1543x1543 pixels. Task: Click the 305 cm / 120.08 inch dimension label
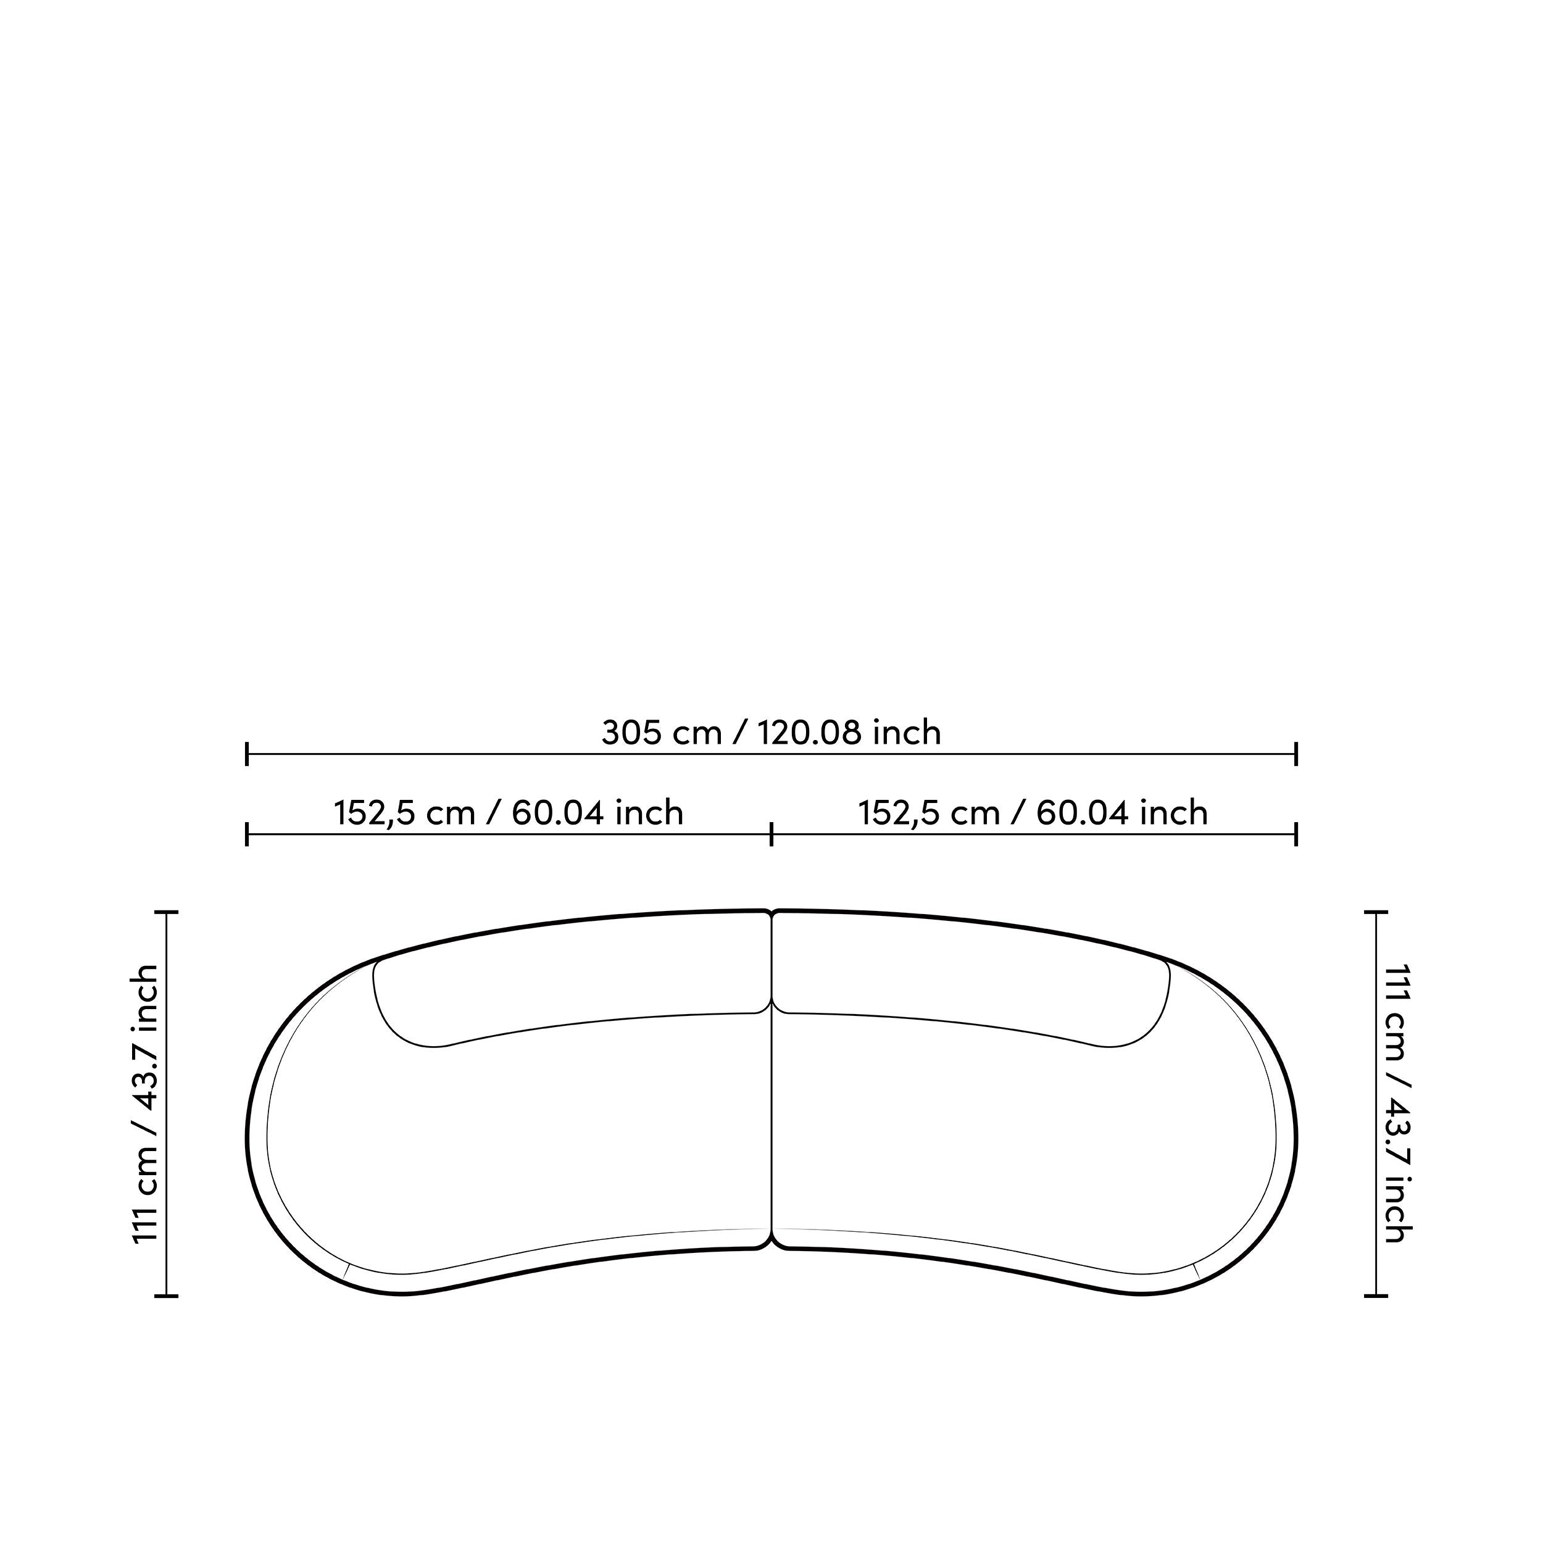pos(771,733)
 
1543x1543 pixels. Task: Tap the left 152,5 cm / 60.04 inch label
pos(509,812)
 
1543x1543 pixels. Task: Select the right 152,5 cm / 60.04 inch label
pos(1033,812)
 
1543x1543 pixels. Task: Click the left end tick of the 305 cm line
pos(247,753)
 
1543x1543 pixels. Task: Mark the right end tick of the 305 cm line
pos(1296,753)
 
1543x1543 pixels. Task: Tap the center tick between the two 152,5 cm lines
pos(771,834)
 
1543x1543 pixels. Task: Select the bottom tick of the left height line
pos(166,1296)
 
